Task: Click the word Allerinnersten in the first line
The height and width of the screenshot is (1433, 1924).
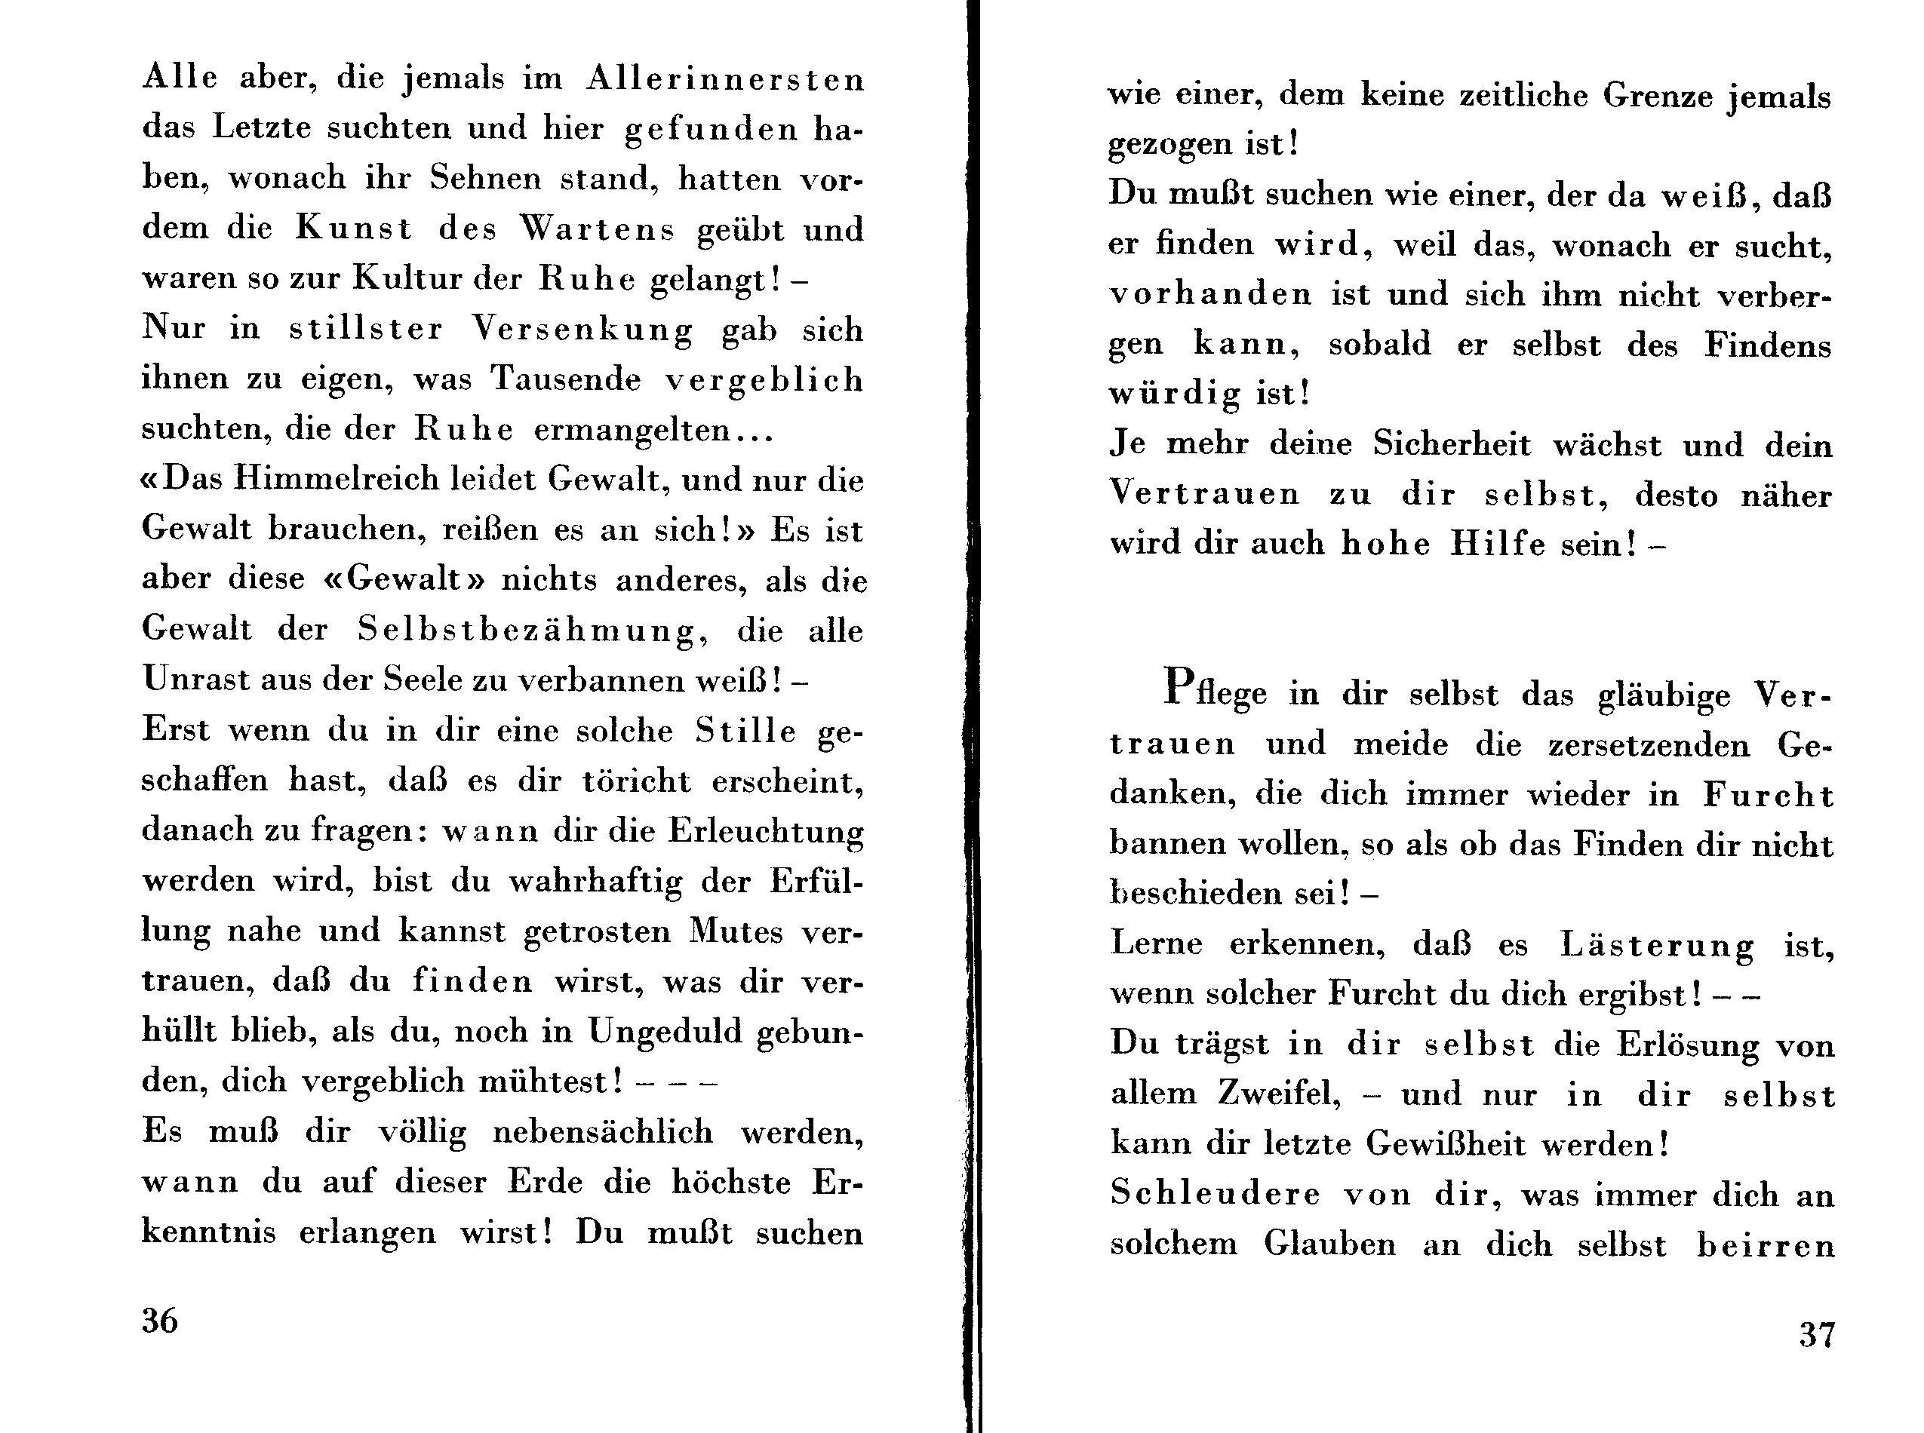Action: coord(726,79)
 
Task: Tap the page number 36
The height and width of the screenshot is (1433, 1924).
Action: coord(160,1320)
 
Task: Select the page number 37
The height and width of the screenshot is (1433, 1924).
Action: coord(1816,1334)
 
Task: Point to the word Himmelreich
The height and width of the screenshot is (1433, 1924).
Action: coord(337,480)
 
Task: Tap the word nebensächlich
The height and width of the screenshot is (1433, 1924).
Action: coord(603,1132)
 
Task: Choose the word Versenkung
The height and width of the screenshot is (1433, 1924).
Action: coord(582,330)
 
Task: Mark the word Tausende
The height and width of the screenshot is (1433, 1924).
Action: coord(566,379)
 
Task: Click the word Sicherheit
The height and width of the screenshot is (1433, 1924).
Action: coord(1452,444)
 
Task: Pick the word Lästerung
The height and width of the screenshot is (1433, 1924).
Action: coord(1657,944)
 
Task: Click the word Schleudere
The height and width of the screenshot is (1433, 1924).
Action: coord(1214,1195)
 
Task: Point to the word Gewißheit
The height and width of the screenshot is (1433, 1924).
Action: coord(1445,1144)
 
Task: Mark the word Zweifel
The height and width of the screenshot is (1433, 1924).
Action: coord(1278,1094)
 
